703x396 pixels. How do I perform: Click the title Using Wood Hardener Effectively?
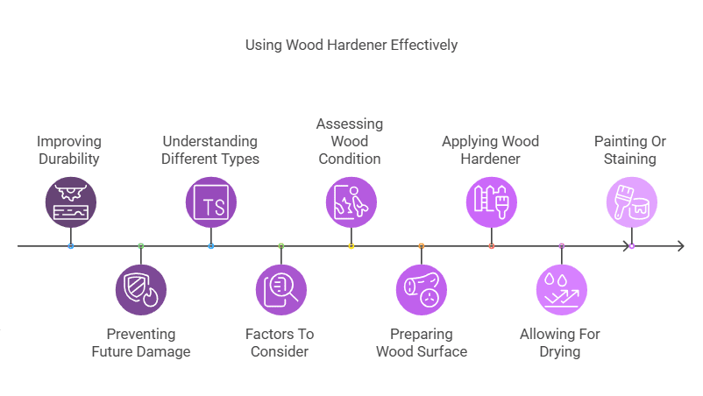[x=351, y=45]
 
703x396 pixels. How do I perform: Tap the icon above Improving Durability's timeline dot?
[x=70, y=202]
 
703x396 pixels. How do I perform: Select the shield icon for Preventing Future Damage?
[x=140, y=289]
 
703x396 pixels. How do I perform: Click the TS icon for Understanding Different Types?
[x=211, y=202]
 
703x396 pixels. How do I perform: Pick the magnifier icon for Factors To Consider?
[x=280, y=289]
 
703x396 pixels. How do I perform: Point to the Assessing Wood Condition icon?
[x=351, y=202]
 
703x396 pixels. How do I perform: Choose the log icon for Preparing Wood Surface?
[x=422, y=289]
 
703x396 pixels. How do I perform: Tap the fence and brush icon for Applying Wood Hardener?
[x=491, y=202]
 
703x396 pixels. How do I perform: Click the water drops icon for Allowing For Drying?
[x=562, y=289]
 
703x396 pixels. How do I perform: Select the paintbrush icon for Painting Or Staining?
[x=631, y=202]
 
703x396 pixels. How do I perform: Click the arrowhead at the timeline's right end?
[x=679, y=246]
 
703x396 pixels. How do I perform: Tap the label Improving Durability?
[x=69, y=150]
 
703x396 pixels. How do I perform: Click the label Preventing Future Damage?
[x=141, y=343]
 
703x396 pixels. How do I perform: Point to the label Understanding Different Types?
[x=210, y=150]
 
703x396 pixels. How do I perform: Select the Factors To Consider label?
[x=280, y=343]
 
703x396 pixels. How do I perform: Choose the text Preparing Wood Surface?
[x=422, y=343]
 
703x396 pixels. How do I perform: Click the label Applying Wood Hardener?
[x=490, y=150]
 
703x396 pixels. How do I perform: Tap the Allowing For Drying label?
[x=562, y=343]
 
